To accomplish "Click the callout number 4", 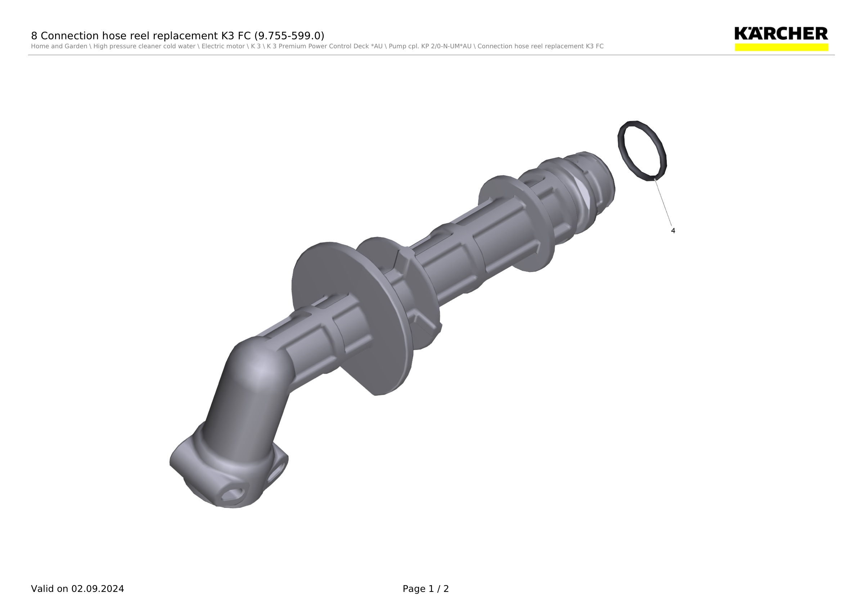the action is pos(673,231).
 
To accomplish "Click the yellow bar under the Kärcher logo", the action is pos(781,47).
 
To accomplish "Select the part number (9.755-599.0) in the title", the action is pos(289,36).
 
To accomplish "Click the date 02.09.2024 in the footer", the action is pos(98,589).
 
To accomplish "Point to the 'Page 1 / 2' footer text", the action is pos(426,589).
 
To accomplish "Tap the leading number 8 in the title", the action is pos(34,36).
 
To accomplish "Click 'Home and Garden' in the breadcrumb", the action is pos(59,46).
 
